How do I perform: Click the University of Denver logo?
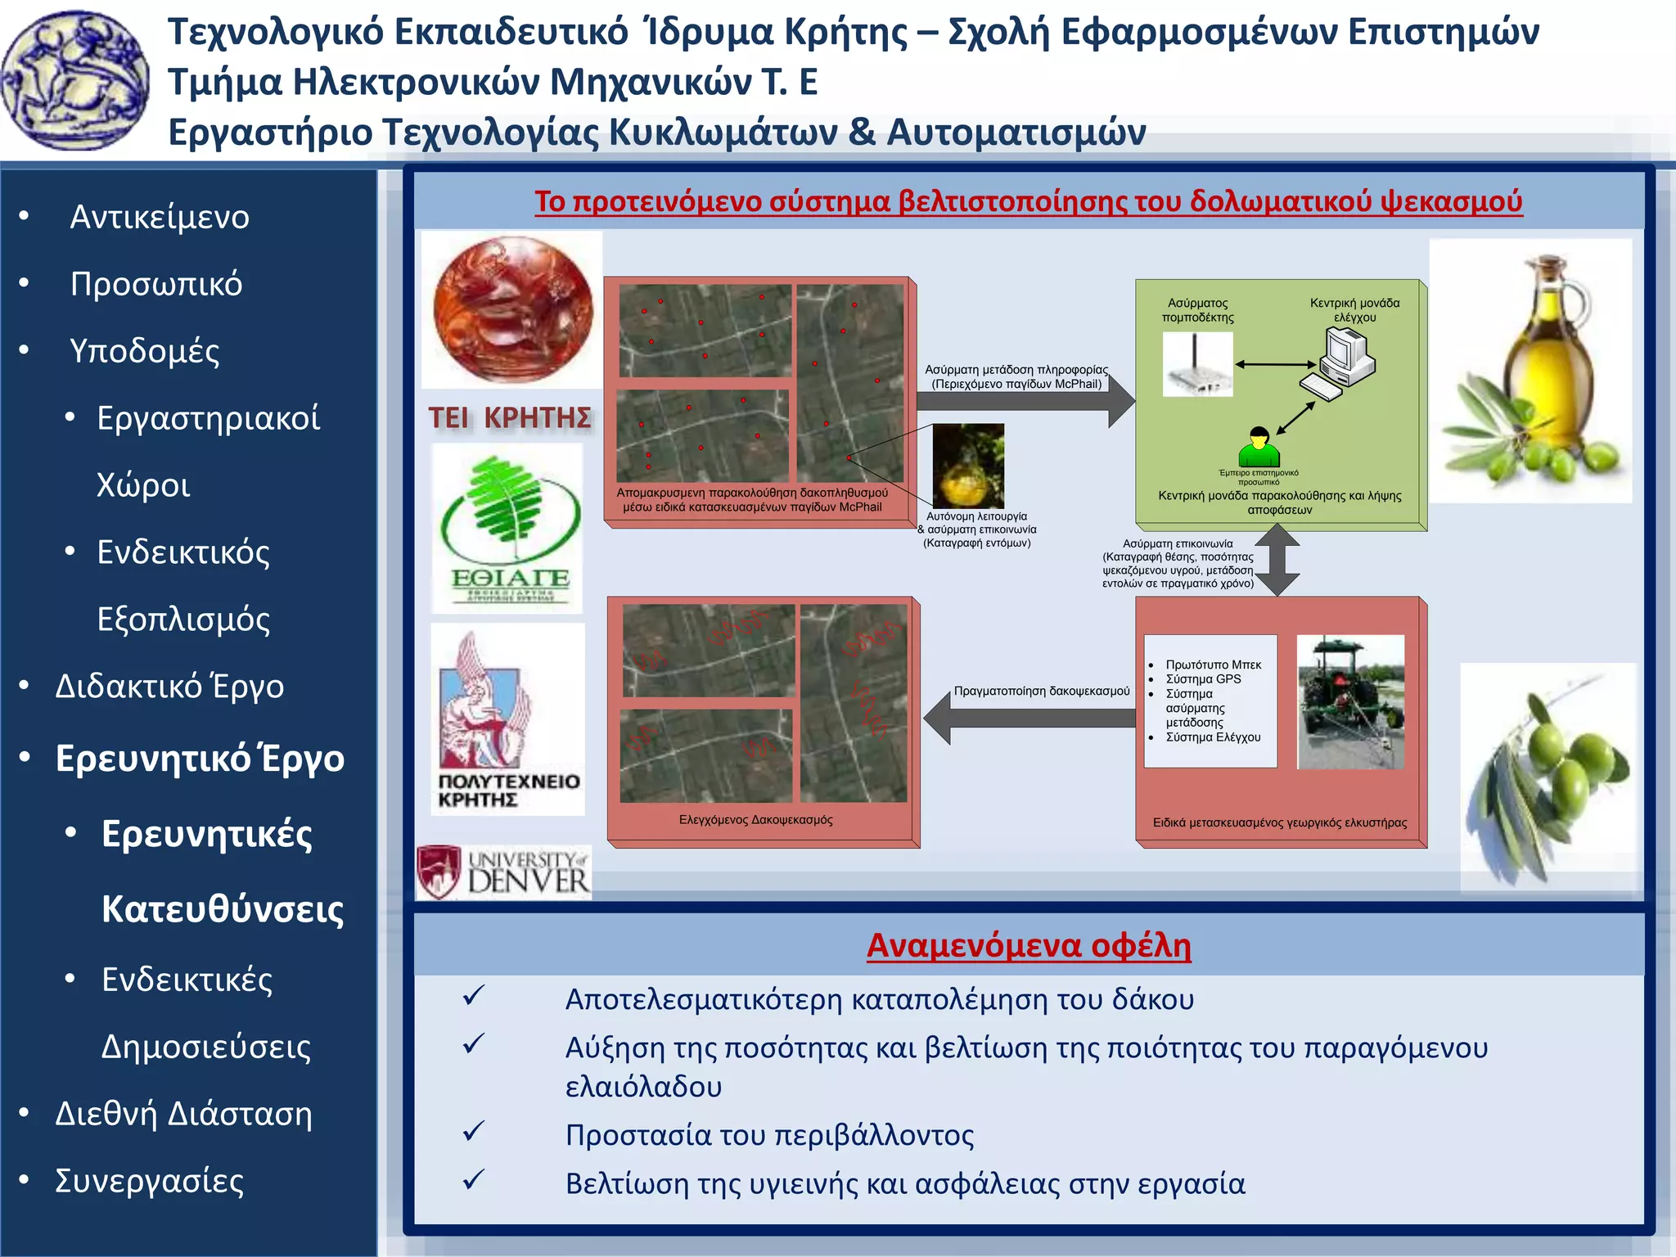coord(503,872)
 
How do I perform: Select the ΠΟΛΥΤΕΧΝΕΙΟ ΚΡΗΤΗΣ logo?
coord(507,719)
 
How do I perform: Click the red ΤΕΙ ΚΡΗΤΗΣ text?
coord(509,418)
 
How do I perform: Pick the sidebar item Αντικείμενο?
coord(160,217)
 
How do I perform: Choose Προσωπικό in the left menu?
coord(156,284)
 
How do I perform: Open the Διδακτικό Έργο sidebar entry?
coord(169,686)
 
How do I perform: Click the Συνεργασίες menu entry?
coord(149,1181)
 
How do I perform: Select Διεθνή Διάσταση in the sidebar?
coord(183,1114)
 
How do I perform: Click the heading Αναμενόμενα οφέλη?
coord(1029,945)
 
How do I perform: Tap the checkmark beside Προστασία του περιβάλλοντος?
coord(474,1133)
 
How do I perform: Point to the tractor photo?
coord(1350,701)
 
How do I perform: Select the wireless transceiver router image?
coord(1197,367)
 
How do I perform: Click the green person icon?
coord(1259,447)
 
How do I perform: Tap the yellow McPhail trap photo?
coord(968,466)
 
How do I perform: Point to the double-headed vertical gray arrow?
coord(1277,560)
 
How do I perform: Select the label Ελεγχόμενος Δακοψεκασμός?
coord(755,819)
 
